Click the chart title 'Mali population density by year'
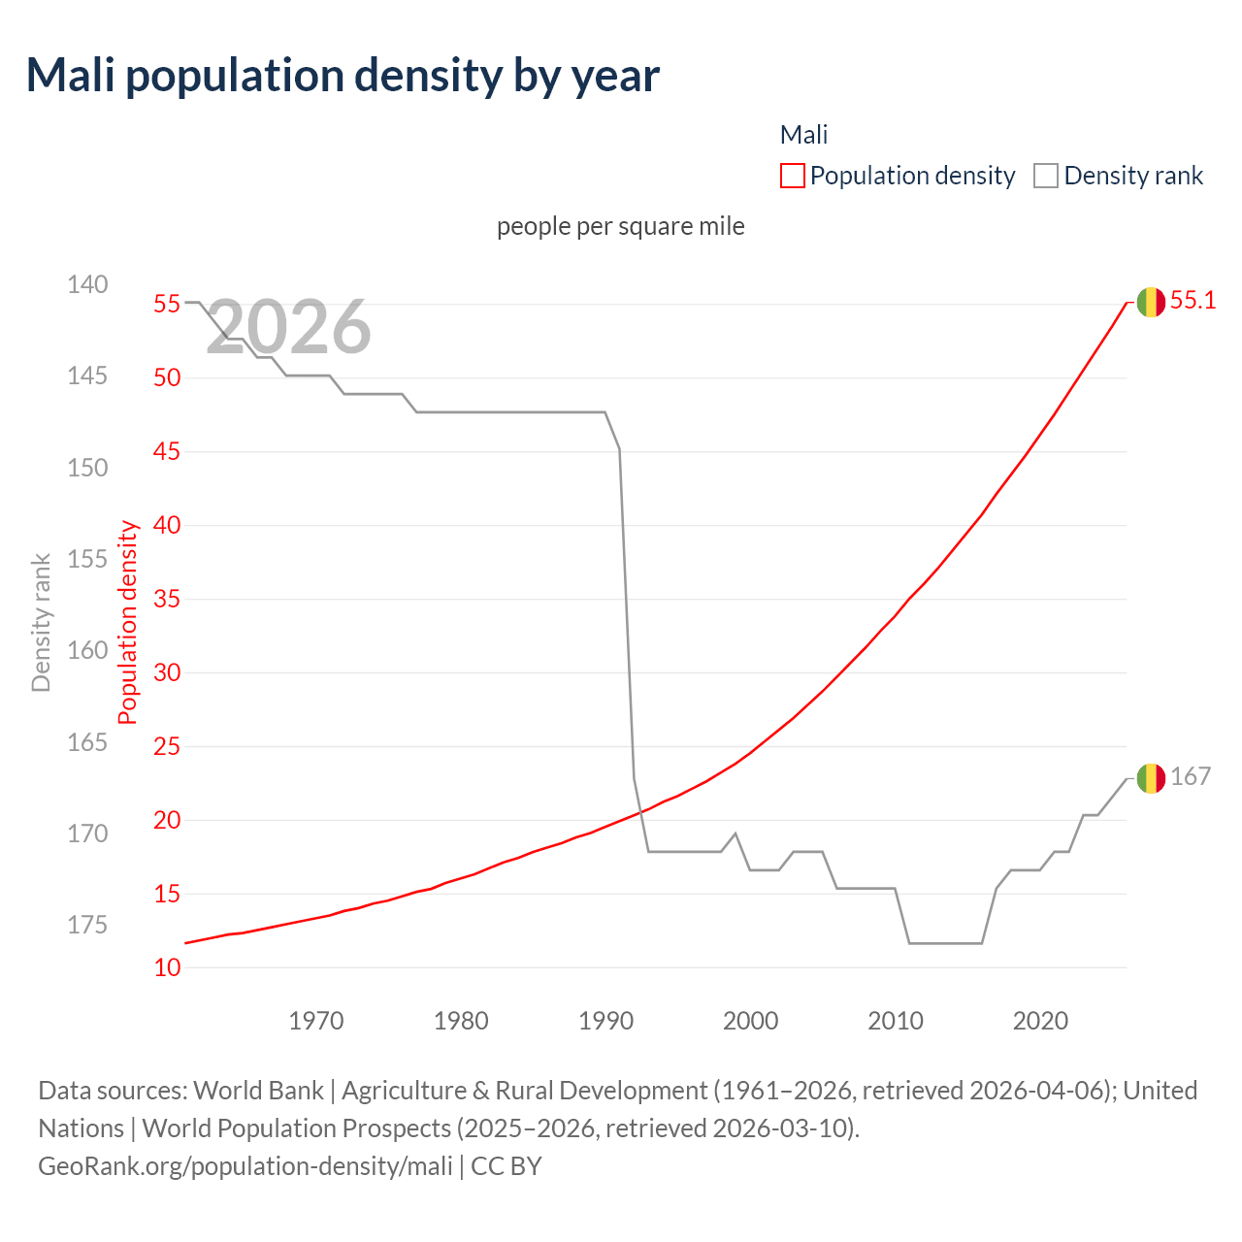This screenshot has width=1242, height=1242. tap(343, 76)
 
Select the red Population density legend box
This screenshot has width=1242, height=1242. tap(792, 176)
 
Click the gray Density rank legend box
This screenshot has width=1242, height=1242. tap(1045, 176)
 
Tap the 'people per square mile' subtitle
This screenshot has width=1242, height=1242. tap(621, 226)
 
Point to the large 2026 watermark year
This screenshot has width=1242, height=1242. tap(289, 327)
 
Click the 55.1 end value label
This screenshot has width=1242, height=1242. tap(1193, 301)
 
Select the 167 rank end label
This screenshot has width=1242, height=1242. tap(1191, 776)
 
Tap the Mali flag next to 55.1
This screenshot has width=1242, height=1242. tap(1151, 302)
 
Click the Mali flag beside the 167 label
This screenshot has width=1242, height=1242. tap(1151, 778)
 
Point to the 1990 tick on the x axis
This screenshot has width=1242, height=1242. tap(605, 1021)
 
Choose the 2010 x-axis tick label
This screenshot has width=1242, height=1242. tap(896, 1021)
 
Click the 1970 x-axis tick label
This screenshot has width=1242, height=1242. tap(316, 1021)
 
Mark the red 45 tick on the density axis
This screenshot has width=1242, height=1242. tap(167, 451)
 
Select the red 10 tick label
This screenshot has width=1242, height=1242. tap(167, 967)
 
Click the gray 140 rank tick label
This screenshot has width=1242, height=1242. tap(87, 284)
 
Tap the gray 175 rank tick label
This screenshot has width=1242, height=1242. tap(87, 925)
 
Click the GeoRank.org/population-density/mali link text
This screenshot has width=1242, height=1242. tap(245, 1165)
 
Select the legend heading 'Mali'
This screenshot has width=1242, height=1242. tap(803, 135)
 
